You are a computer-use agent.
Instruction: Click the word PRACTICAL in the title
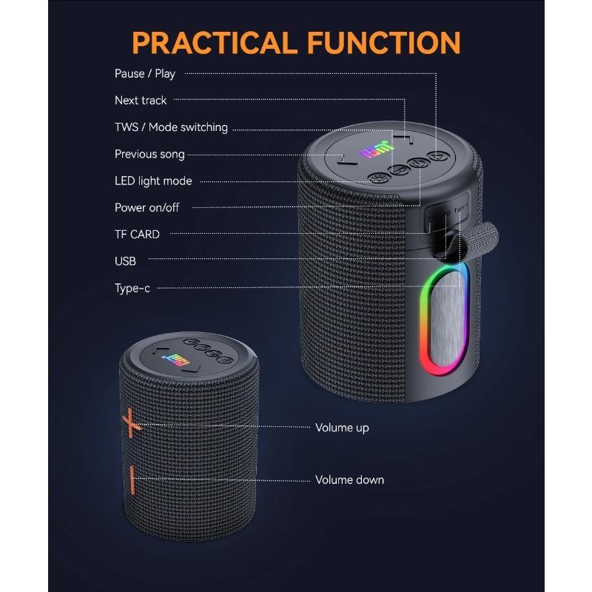214,43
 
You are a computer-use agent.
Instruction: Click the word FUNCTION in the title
384,43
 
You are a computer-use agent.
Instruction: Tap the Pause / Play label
145,73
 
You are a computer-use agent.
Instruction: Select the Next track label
141,101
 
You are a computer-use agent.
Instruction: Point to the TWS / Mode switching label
171,127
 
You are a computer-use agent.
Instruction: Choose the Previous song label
149,155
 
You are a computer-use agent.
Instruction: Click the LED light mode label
153,181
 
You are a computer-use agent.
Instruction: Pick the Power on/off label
147,208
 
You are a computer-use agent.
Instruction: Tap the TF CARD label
137,235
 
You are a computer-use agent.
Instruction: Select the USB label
125,261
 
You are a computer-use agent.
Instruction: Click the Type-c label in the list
132,289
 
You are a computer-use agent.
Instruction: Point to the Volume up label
342,428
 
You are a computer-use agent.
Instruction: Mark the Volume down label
349,480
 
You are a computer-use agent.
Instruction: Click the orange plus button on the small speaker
131,423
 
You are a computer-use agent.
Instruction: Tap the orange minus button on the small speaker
132,480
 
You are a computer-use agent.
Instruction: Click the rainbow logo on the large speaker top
377,149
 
